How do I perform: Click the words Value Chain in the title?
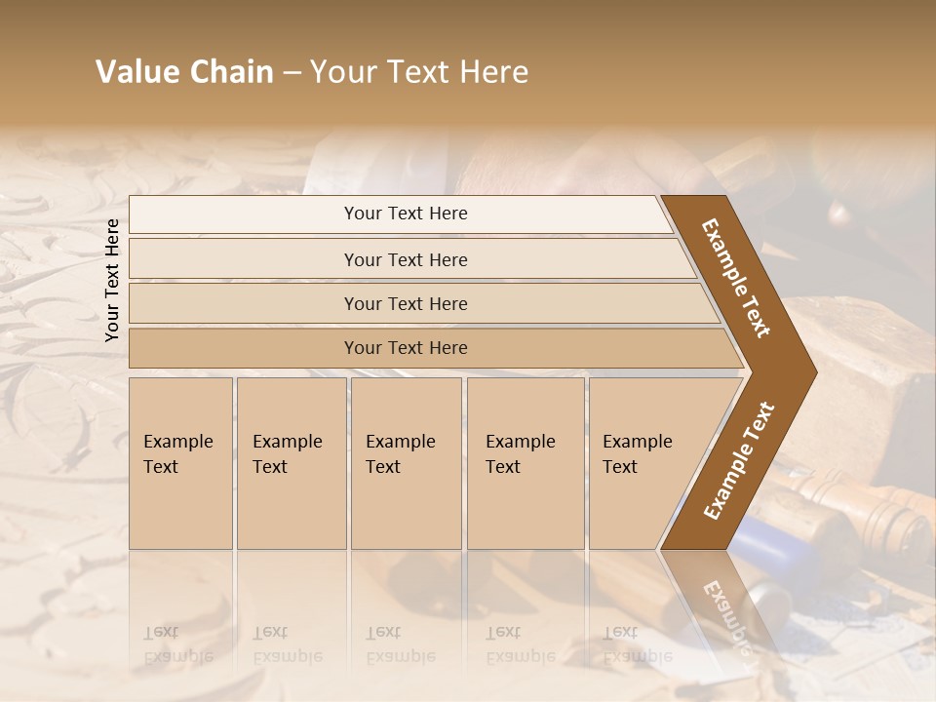pyautogui.click(x=184, y=72)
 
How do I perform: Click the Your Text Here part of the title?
pyautogui.click(x=419, y=72)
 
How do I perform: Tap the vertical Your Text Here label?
pyautogui.click(x=112, y=280)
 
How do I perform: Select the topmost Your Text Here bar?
pyautogui.click(x=406, y=214)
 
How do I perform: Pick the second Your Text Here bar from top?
pyautogui.click(x=406, y=259)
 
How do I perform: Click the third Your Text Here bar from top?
pyautogui.click(x=406, y=303)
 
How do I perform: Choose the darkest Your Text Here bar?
pyautogui.click(x=406, y=348)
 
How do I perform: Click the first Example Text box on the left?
pyautogui.click(x=180, y=462)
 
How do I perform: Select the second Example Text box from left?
pyautogui.click(x=291, y=462)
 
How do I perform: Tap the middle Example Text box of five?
pyautogui.click(x=406, y=462)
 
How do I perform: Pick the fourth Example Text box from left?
pyautogui.click(x=525, y=462)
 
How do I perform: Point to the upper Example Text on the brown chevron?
pyautogui.click(x=736, y=278)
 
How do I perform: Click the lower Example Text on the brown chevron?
pyautogui.click(x=738, y=461)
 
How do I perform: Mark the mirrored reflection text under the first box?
pyautogui.click(x=178, y=644)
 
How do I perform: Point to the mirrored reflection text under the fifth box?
pyautogui.click(x=638, y=644)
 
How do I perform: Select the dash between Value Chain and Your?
pyautogui.click(x=291, y=73)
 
